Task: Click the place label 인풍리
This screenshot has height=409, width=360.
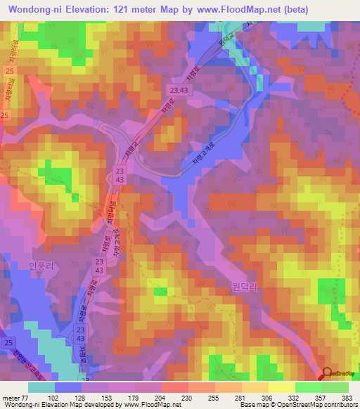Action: pyautogui.click(x=41, y=265)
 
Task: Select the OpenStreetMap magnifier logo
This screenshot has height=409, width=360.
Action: pyautogui.click(x=327, y=375)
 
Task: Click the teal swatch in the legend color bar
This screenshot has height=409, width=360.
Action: pyautogui.click(x=41, y=387)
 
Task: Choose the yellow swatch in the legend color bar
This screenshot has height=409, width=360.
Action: pyautogui.click(x=281, y=387)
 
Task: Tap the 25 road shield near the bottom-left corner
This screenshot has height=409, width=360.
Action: pyautogui.click(x=8, y=342)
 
